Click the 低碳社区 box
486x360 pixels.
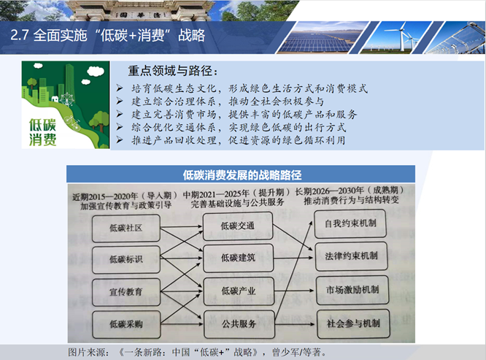(126, 228)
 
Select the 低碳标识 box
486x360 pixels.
(126, 259)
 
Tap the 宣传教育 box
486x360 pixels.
(126, 292)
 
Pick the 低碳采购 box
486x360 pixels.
(126, 324)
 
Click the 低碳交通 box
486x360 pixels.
(238, 226)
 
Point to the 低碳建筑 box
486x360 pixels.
(239, 258)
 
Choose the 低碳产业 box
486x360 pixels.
(239, 291)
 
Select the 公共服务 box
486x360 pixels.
(239, 324)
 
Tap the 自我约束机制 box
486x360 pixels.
(350, 223)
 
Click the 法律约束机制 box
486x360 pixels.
(351, 256)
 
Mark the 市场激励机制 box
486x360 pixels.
(352, 290)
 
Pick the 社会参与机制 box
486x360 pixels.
(353, 323)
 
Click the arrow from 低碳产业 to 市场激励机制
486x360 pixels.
(295, 291)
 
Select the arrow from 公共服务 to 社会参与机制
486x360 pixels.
(296, 324)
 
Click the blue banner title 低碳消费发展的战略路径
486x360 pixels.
(242, 175)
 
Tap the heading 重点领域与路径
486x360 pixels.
(173, 71)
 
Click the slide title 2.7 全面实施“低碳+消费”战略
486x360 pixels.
(107, 35)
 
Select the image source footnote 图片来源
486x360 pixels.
(197, 352)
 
